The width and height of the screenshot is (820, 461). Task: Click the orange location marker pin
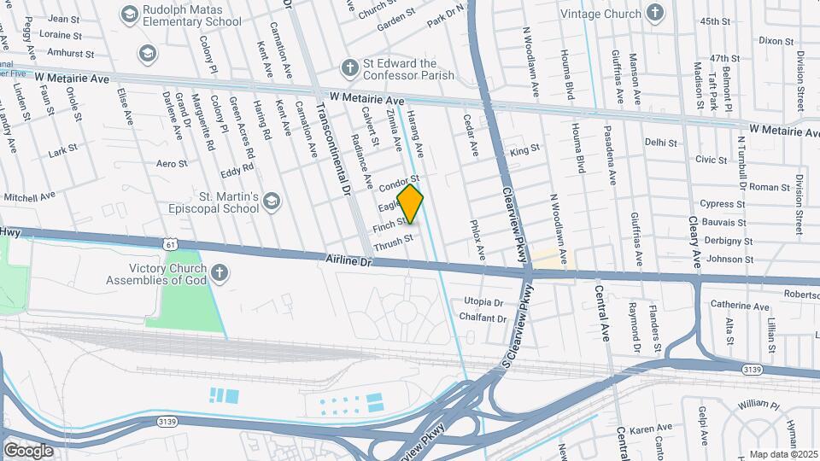click(x=411, y=203)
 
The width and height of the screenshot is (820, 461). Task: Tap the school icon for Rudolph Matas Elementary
click(x=129, y=14)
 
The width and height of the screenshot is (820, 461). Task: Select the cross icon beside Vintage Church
click(x=655, y=13)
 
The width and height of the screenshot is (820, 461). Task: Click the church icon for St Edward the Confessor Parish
click(x=348, y=67)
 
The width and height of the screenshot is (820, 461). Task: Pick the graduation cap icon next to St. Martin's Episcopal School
click(x=272, y=201)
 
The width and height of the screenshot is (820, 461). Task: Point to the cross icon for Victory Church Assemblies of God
click(x=220, y=272)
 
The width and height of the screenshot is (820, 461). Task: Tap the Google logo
click(x=27, y=450)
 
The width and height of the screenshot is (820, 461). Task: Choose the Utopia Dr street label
click(x=483, y=302)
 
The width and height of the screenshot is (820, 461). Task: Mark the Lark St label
click(x=63, y=151)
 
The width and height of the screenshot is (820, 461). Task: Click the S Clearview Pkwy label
click(x=516, y=341)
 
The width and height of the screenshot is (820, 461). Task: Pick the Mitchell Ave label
click(x=29, y=197)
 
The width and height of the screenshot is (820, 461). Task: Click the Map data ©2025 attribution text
click(x=782, y=454)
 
